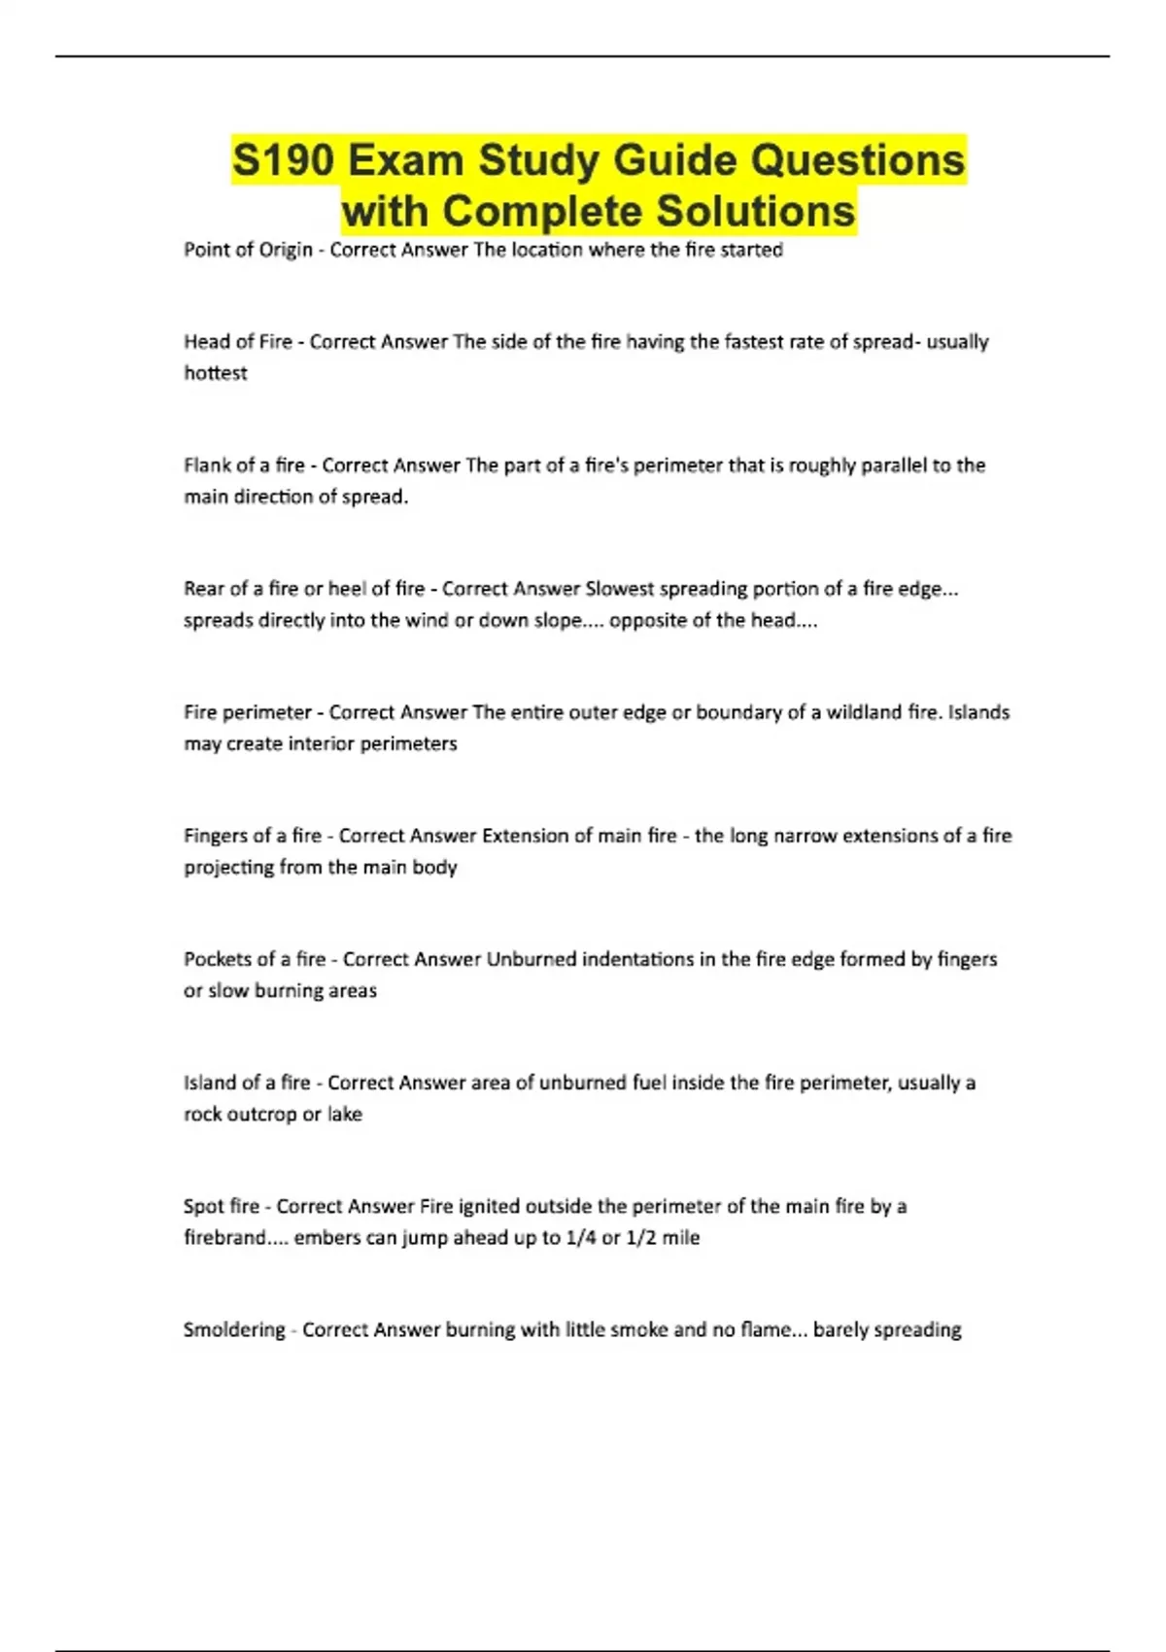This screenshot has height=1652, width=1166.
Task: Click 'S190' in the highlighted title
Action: [x=283, y=160]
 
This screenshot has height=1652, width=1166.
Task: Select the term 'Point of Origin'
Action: [x=248, y=250]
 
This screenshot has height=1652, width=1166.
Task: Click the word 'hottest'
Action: [x=216, y=373]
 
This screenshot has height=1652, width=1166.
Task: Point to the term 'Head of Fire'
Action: [x=238, y=342]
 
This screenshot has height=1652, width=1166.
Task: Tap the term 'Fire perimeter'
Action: [x=248, y=712]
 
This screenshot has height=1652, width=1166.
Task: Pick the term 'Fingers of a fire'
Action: [x=253, y=836]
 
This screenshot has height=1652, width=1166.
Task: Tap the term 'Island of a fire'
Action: [x=247, y=1083]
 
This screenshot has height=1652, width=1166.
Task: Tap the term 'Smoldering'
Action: [x=234, y=1329]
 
